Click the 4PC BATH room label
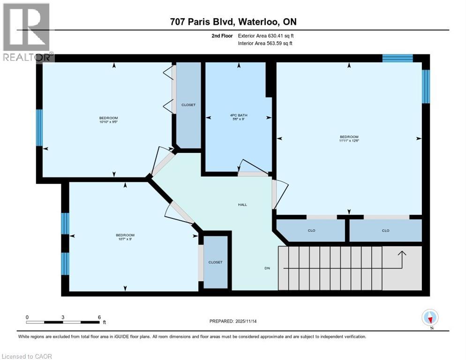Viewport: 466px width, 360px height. click(239, 115)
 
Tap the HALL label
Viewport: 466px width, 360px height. click(242, 204)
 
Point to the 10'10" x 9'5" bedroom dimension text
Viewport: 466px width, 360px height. click(108, 123)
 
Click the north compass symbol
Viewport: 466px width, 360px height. click(430, 318)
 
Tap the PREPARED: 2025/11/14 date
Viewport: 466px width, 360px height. click(233, 321)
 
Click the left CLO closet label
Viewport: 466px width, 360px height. click(311, 231)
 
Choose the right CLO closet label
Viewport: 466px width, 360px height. click(385, 231)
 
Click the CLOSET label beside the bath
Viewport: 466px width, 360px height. click(188, 105)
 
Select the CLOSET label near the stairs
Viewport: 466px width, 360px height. click(215, 262)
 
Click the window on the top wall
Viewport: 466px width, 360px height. click(397, 58)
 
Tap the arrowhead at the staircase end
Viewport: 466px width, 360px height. click(401, 253)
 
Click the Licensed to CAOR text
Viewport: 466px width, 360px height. click(27, 356)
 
